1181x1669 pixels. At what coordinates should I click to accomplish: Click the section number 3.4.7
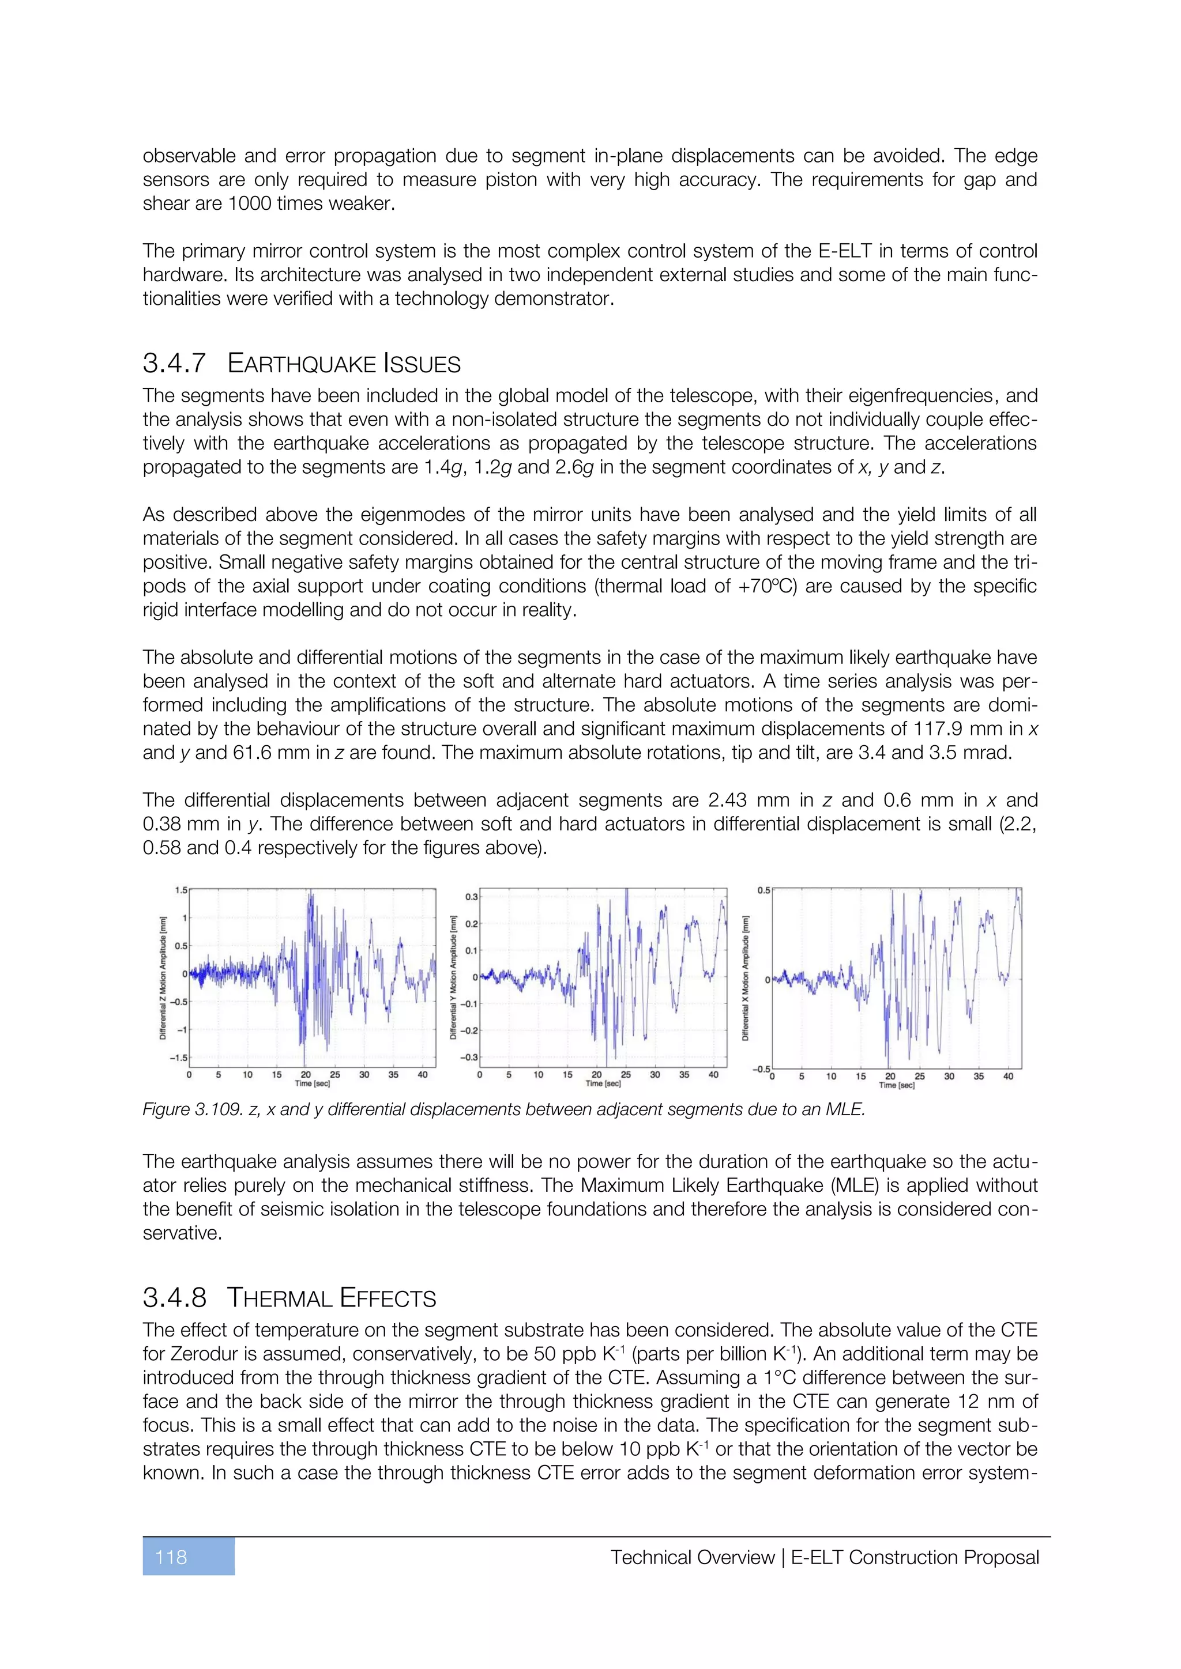pos(175,364)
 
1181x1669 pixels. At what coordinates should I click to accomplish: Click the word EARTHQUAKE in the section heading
pos(301,364)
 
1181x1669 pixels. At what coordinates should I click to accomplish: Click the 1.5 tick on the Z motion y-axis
pos(180,890)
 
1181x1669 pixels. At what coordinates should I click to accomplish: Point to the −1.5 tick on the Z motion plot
pos(178,1058)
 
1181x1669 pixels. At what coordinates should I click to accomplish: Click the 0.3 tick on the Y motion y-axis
pos(471,897)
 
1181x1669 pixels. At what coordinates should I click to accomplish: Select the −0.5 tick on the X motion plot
pos(761,1069)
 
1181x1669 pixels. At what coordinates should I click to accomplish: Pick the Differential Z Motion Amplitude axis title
pos(163,977)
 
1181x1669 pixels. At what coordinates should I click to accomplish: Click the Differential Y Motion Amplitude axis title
pos(453,977)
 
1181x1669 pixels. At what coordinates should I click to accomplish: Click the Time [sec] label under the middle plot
pos(603,1084)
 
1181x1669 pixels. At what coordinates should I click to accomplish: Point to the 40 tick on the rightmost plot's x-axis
pos(1008,1076)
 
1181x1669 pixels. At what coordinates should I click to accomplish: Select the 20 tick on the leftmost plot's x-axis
pos(306,1074)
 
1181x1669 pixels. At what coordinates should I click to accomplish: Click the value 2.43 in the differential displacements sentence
pos(727,800)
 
